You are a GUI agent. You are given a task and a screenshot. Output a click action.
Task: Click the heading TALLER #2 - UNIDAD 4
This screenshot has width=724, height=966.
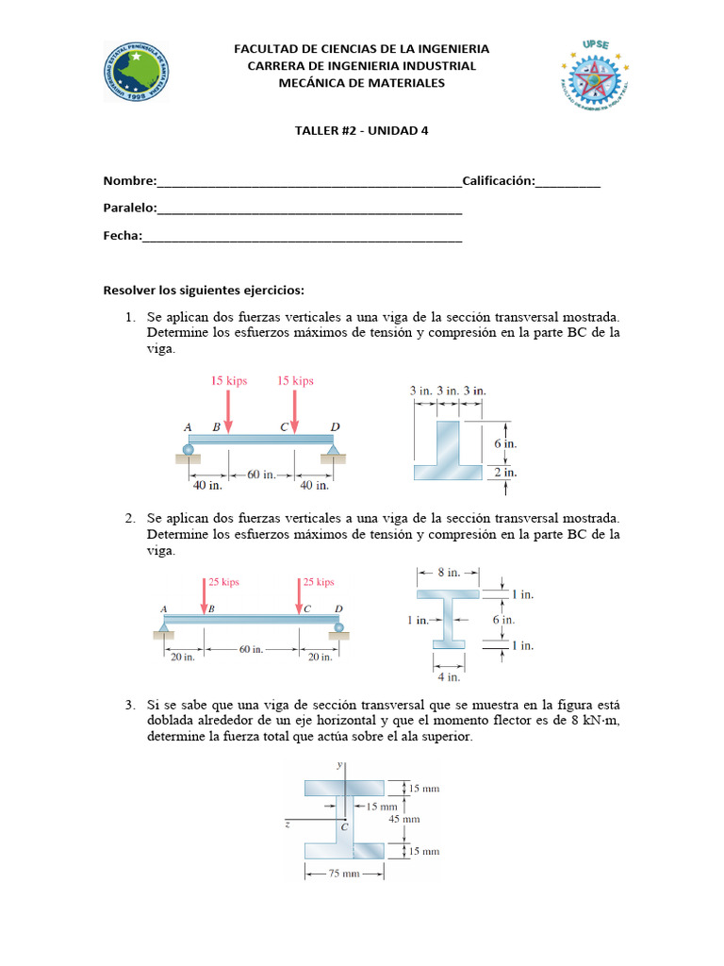[361, 131]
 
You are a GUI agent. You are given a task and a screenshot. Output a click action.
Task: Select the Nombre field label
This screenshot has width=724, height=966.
[127, 181]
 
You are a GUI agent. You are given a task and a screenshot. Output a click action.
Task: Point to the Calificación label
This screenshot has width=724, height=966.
[499, 181]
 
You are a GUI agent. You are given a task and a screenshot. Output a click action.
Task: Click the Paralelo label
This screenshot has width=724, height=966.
[129, 208]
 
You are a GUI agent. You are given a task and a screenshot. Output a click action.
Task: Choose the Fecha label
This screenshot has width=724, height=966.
[122, 236]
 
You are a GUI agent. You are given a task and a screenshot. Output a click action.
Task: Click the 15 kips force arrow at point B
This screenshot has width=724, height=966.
[227, 411]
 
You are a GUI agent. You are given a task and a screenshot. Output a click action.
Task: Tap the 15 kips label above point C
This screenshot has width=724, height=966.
[295, 380]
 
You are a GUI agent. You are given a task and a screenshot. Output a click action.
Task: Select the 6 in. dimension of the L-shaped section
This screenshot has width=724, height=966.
[505, 442]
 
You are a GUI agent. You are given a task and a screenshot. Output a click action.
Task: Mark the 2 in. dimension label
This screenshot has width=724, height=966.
[505, 472]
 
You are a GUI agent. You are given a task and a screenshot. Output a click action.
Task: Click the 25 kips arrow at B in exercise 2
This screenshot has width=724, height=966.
[205, 597]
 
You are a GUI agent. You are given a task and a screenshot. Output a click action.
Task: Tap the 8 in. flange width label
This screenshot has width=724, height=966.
[449, 572]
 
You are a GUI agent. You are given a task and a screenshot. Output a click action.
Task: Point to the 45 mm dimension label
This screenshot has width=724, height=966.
[404, 819]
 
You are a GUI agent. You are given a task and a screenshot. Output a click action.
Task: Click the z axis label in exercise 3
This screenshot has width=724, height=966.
[287, 824]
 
